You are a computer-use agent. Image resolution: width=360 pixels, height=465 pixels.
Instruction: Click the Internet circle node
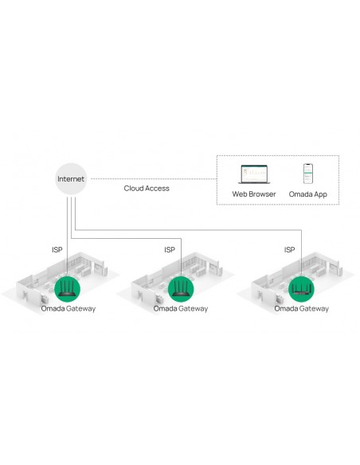pyautogui.click(x=71, y=179)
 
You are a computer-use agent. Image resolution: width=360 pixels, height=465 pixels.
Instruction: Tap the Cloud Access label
pyautogui.click(x=147, y=189)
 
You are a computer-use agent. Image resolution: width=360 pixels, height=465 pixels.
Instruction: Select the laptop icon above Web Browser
pyautogui.click(x=254, y=174)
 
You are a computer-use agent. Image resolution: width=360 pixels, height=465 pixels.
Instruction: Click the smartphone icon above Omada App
pyautogui.click(x=308, y=174)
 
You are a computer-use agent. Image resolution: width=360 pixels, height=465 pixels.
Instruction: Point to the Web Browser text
pyautogui.click(x=254, y=194)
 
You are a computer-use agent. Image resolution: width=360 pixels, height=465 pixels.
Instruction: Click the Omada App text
pyautogui.click(x=307, y=194)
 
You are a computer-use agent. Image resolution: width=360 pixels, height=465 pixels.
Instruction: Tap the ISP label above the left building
pyautogui.click(x=57, y=250)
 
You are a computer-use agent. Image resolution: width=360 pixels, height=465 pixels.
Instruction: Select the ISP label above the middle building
pyautogui.click(x=170, y=250)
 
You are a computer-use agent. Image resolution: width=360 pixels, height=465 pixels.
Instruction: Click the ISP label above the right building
pyautogui.click(x=289, y=250)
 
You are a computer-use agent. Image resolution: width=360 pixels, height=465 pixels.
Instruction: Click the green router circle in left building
pyautogui.click(x=68, y=289)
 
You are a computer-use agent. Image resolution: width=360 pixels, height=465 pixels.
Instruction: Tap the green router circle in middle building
pyautogui.click(x=181, y=289)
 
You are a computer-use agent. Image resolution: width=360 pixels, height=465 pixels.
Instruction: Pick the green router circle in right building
pyautogui.click(x=301, y=289)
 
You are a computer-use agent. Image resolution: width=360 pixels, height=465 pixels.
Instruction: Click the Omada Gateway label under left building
pyautogui.click(x=68, y=309)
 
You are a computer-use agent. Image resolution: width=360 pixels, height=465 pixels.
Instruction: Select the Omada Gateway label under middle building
pyautogui.click(x=181, y=309)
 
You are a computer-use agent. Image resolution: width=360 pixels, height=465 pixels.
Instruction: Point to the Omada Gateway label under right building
pyautogui.click(x=301, y=309)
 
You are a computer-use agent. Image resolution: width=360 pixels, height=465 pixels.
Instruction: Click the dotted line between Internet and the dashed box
pyautogui.click(x=154, y=179)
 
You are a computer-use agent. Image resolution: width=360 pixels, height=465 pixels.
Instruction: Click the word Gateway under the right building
pyautogui.click(x=313, y=309)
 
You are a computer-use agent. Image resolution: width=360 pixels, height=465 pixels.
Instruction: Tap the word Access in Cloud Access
pyautogui.click(x=156, y=189)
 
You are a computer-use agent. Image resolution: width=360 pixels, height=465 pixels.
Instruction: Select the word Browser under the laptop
pyautogui.click(x=263, y=194)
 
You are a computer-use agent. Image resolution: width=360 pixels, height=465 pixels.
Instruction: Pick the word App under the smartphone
pyautogui.click(x=321, y=195)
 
